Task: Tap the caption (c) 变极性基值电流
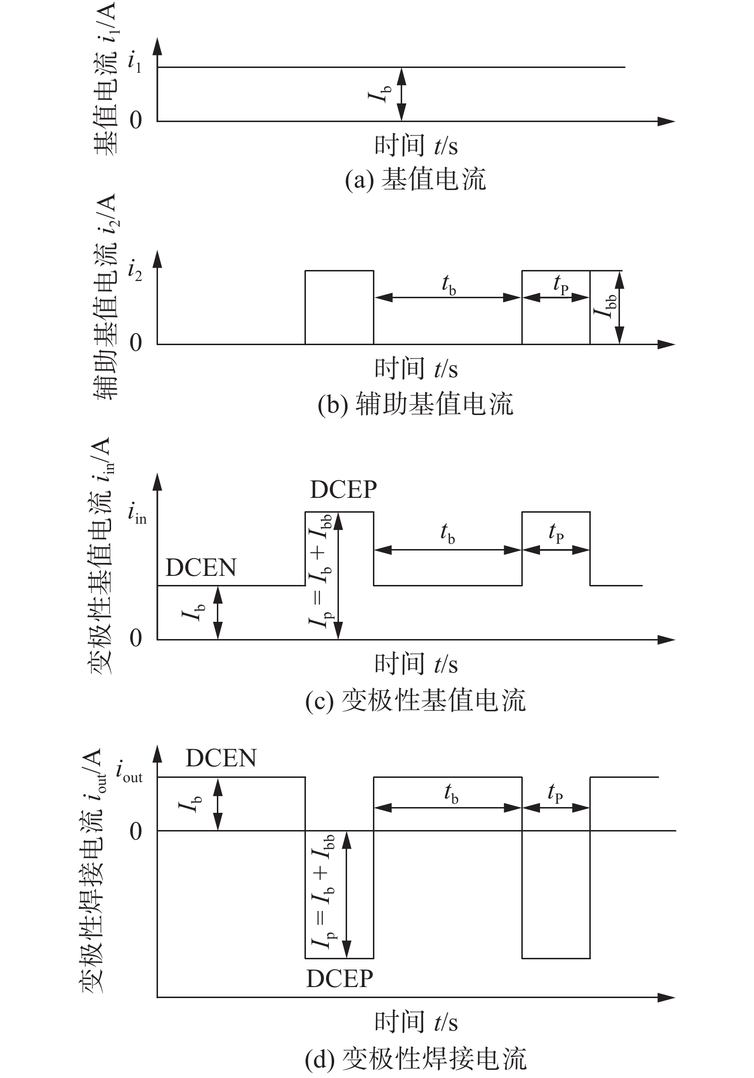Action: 415,700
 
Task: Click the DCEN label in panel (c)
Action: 201,568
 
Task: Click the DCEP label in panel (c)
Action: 343,489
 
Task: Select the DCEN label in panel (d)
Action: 221,758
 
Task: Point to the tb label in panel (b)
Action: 448,286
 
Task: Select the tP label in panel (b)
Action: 561,286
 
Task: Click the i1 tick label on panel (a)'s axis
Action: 135,63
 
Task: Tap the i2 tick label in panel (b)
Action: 135,271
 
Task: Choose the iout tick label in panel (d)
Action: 129,772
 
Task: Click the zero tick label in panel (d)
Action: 136,831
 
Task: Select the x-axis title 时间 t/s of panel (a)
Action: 416,145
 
